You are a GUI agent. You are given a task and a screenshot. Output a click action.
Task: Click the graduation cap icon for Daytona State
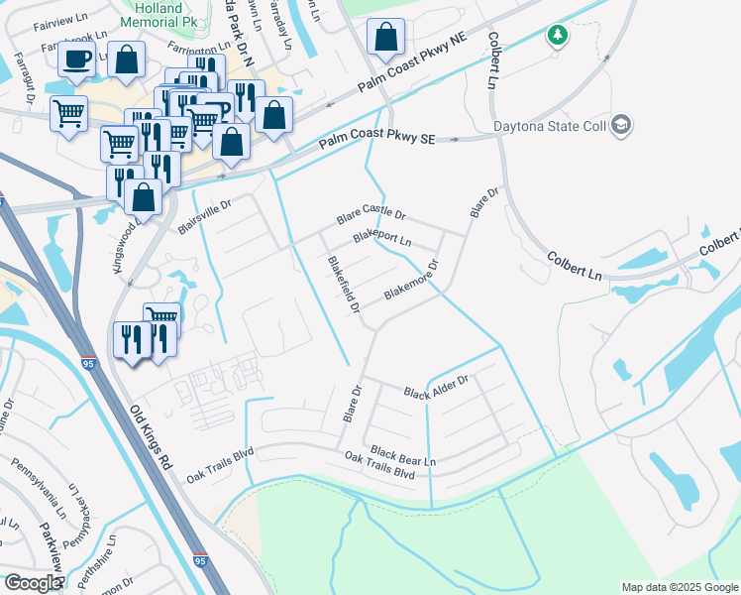pyautogui.click(x=621, y=125)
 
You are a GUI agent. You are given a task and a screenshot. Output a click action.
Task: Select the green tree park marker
pyautogui.click(x=558, y=36)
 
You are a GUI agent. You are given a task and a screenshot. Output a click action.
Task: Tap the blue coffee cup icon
pyautogui.click(x=75, y=59)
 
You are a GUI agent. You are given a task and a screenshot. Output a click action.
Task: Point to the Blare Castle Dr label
pyautogui.click(x=371, y=214)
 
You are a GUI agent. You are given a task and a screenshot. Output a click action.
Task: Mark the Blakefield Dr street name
pyautogui.click(x=343, y=286)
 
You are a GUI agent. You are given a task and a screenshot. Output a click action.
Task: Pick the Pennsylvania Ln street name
pyautogui.click(x=31, y=484)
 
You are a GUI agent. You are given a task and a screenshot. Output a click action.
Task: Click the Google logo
pyautogui.click(x=32, y=583)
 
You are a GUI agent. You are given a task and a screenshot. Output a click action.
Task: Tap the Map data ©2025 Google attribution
pyautogui.click(x=679, y=587)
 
